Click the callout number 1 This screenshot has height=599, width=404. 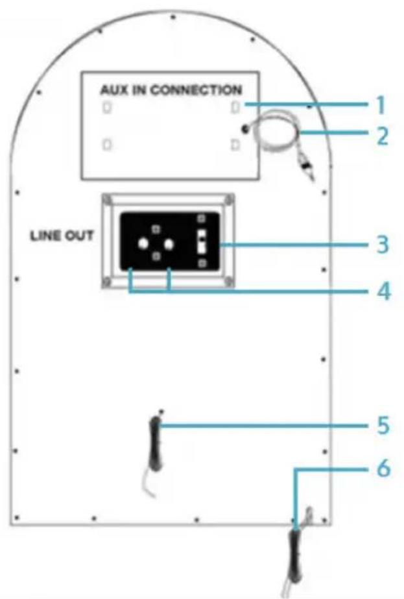click(x=380, y=104)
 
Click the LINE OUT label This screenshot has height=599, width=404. click(x=62, y=236)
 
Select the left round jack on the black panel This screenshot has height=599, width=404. click(x=143, y=244)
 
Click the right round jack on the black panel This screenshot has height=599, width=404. click(x=169, y=244)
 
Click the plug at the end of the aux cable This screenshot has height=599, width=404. click(x=307, y=166)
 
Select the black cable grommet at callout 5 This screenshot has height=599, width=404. click(x=156, y=443)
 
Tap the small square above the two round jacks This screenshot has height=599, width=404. click(x=156, y=229)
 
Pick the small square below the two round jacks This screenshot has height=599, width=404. click(x=156, y=256)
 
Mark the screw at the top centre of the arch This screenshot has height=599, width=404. click(x=173, y=17)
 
